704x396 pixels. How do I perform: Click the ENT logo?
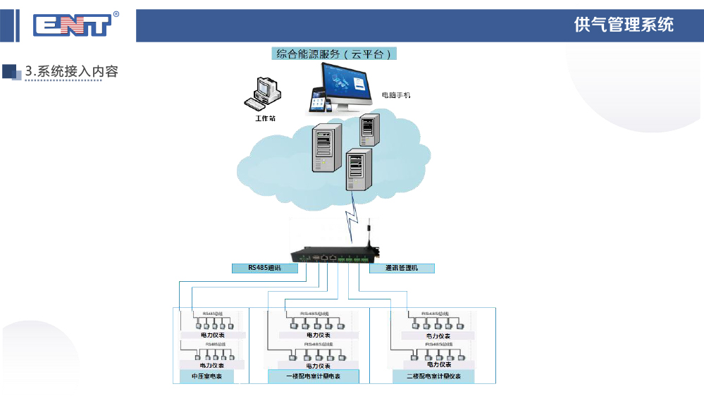(72, 26)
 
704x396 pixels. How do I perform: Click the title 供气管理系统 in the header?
(624, 25)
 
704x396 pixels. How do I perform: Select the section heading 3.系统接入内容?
(71, 71)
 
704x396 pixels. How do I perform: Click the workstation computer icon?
(263, 93)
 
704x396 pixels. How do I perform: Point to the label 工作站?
(265, 118)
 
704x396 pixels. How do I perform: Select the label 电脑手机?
(395, 94)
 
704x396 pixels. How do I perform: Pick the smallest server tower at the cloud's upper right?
(366, 130)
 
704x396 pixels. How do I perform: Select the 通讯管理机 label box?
(402, 268)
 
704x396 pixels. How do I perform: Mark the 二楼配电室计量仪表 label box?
(433, 377)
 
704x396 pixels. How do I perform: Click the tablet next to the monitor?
(316, 100)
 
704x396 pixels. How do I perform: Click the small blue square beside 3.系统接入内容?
(10, 71)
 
